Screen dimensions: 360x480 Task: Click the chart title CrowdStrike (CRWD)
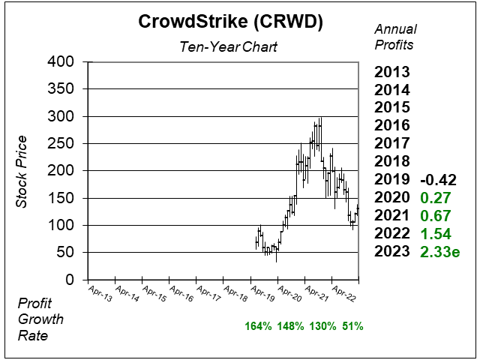[230, 22]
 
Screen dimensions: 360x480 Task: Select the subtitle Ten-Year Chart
[229, 46]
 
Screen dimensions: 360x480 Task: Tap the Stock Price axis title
[22, 171]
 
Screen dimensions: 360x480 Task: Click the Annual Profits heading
[394, 37]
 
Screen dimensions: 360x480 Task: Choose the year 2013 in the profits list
[394, 73]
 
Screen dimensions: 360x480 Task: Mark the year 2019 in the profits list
[394, 180]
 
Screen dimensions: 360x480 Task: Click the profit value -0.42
[437, 180]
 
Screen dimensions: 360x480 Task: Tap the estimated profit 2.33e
[439, 252]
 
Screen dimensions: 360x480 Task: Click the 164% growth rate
[257, 326]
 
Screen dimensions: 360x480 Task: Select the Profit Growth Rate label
[42, 319]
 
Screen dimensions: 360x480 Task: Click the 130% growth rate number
[322, 326]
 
